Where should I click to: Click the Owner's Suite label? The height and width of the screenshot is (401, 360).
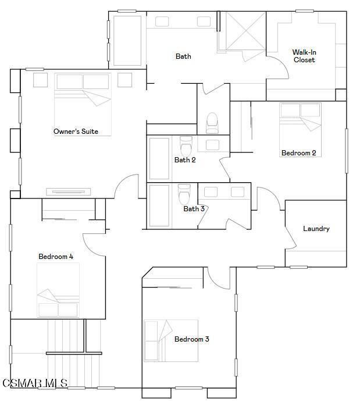click(x=76, y=132)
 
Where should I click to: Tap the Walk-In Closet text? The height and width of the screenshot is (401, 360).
click(x=304, y=56)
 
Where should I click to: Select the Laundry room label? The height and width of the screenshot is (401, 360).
click(x=316, y=229)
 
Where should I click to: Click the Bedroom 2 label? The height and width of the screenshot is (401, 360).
click(x=298, y=153)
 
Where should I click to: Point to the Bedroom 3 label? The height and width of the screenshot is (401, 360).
click(x=191, y=339)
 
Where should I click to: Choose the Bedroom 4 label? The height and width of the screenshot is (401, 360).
click(x=56, y=257)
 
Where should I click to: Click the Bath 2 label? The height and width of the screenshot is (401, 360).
click(x=185, y=160)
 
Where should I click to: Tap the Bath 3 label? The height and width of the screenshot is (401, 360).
click(x=194, y=209)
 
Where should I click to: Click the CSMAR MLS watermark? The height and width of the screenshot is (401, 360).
click(x=34, y=383)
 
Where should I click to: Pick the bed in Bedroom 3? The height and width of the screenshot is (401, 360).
click(x=171, y=340)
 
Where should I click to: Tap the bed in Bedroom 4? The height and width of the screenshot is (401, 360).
click(x=58, y=290)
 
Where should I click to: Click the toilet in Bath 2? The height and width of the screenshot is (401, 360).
click(x=186, y=146)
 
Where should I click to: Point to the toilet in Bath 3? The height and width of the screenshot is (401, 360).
click(x=184, y=193)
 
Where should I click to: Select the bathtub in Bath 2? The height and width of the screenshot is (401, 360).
click(x=159, y=158)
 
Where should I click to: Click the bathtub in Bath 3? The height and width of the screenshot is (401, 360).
click(x=159, y=205)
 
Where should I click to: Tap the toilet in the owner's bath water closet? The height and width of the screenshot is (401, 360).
click(x=212, y=123)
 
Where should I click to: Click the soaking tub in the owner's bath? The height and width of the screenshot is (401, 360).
click(x=127, y=40)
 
